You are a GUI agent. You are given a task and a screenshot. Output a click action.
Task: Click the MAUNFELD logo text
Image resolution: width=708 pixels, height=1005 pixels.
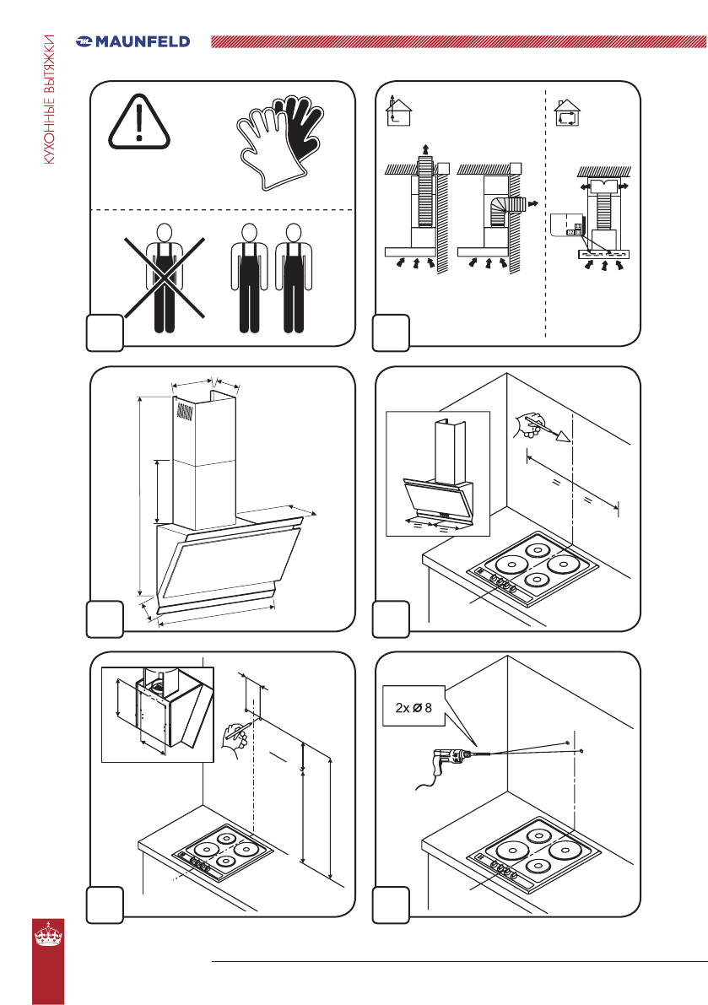143,41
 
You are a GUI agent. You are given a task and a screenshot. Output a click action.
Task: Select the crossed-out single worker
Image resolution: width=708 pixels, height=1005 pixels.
165,278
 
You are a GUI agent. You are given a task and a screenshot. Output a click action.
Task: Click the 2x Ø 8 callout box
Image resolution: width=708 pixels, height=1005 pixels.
413,707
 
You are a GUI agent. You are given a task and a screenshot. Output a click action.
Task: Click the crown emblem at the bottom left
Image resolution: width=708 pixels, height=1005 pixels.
49,934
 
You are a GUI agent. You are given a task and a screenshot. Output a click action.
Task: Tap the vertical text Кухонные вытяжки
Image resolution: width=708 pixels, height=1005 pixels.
50,100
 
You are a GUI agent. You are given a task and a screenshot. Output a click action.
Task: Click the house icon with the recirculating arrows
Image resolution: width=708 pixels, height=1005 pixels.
566,113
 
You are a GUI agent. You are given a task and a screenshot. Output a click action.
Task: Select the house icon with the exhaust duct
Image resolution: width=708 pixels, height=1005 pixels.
398,111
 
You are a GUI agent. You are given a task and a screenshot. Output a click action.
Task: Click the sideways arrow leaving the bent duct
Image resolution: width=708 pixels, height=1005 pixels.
531,203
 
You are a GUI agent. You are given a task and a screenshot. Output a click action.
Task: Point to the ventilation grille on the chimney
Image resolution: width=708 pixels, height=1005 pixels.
185,411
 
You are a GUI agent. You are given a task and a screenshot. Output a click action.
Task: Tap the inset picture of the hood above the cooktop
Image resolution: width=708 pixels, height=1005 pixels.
438,473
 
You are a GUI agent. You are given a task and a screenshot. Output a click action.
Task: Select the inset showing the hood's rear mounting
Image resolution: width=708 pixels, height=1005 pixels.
158,715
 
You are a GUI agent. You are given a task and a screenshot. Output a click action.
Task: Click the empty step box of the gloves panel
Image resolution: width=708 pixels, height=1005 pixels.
105,332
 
